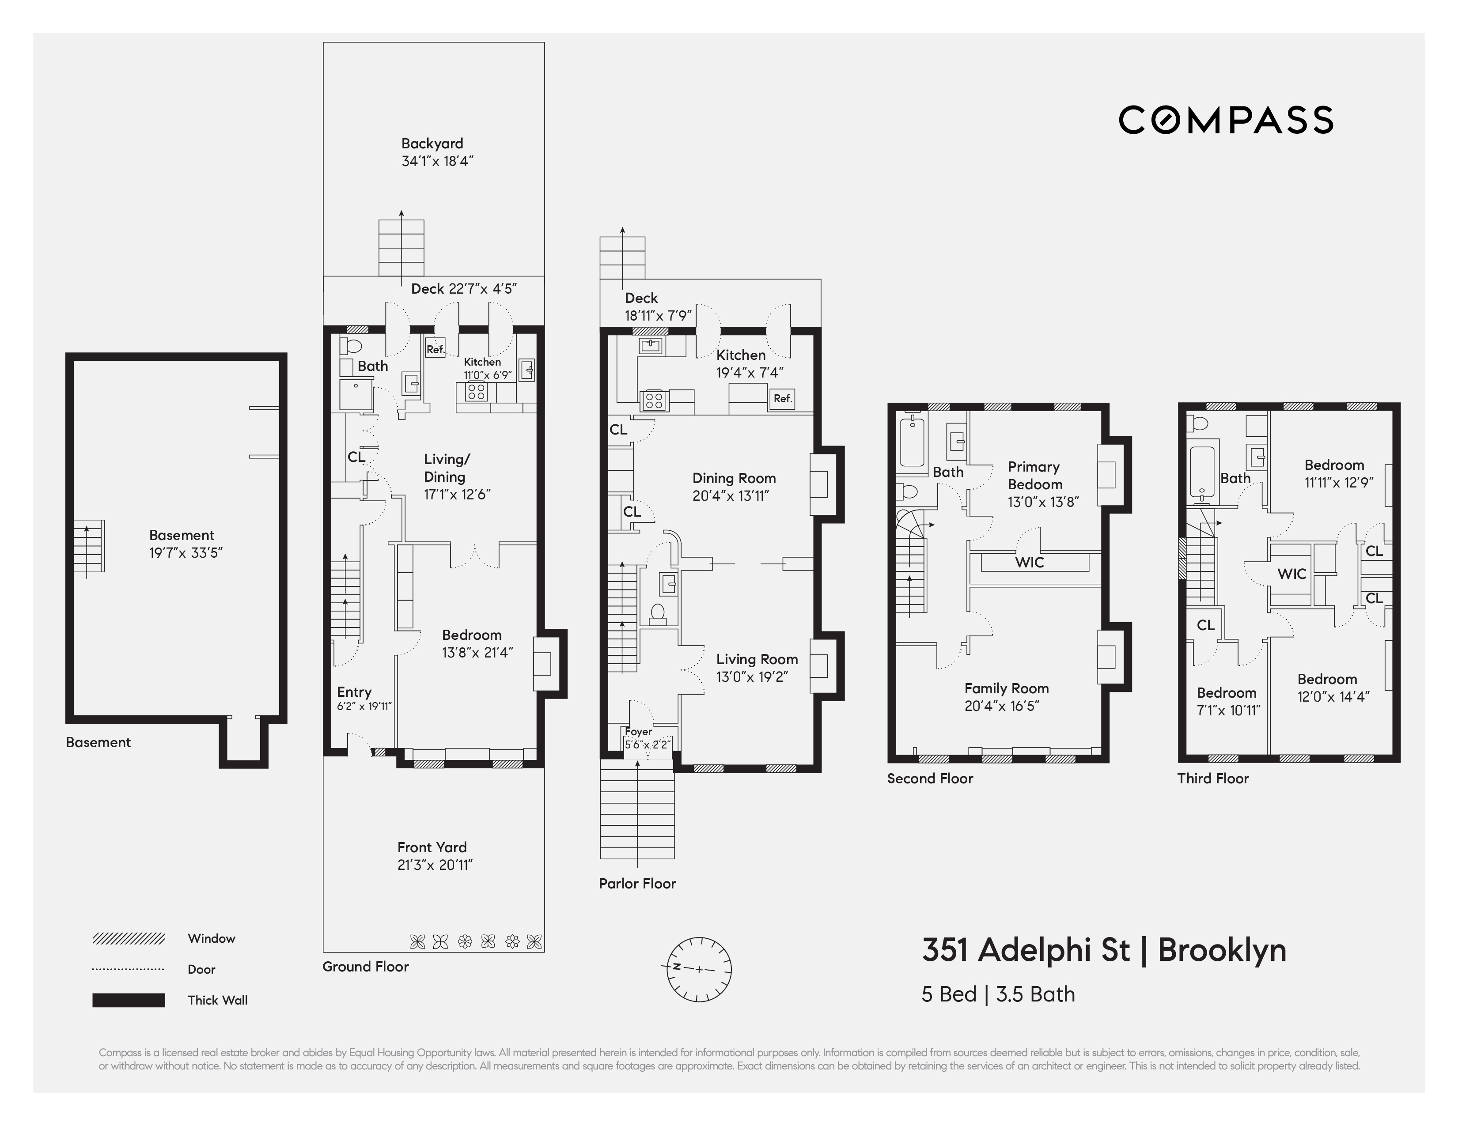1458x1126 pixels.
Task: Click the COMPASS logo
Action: (x=1226, y=120)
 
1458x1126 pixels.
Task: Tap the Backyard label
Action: (x=432, y=144)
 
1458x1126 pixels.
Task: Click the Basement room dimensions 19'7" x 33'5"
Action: (x=186, y=553)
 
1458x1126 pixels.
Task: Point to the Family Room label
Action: (x=1006, y=688)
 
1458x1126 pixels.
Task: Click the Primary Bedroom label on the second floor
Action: (x=1034, y=475)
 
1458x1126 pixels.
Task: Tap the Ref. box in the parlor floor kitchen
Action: (x=782, y=398)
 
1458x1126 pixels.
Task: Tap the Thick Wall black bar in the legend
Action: (x=128, y=1000)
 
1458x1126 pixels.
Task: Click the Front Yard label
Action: (x=432, y=847)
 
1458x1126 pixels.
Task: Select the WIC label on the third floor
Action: (x=1291, y=573)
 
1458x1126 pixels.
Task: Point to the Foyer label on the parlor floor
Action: (x=638, y=732)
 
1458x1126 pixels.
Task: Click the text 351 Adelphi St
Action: (x=1026, y=950)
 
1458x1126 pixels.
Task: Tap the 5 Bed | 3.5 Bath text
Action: (x=998, y=994)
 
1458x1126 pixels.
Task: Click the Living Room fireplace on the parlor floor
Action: (x=819, y=665)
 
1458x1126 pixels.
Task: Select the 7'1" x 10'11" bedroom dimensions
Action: (x=1228, y=710)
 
